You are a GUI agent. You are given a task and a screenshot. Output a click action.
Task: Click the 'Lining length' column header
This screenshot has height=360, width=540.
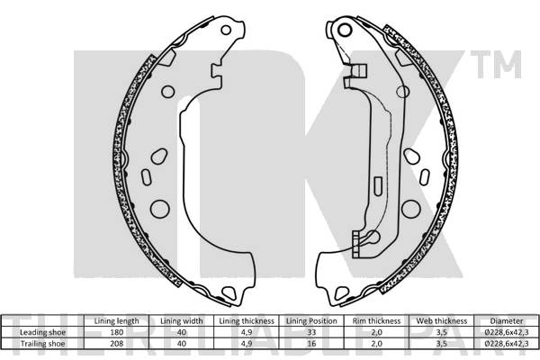[116, 321]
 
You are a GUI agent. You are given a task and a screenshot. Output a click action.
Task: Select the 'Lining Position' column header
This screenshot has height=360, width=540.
[311, 321]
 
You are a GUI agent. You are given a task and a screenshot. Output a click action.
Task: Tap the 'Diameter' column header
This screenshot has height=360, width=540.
[506, 321]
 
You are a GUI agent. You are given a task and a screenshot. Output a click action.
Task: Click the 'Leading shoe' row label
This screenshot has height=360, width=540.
[42, 332]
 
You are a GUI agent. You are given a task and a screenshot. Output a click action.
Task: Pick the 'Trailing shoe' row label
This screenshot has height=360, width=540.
[42, 344]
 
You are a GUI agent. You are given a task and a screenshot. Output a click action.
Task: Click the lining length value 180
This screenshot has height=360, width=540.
[116, 332]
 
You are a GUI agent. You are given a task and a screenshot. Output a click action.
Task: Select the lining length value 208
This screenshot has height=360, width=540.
[116, 344]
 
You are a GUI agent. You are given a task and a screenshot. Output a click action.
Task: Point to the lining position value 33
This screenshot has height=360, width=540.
[311, 332]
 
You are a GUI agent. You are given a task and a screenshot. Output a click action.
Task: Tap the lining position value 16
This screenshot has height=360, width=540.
[311, 344]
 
